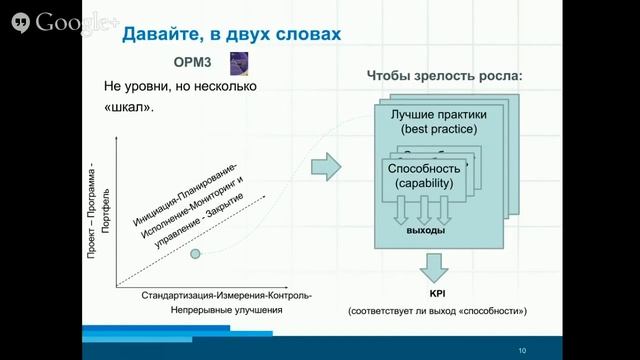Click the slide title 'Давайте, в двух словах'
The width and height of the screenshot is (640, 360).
click(x=231, y=36)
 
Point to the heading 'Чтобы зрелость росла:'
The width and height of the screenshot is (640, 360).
click(x=445, y=78)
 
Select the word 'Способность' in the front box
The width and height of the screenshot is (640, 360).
click(x=424, y=168)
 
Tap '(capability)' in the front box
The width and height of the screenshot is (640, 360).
click(x=424, y=184)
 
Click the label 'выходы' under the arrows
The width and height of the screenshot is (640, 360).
click(x=425, y=230)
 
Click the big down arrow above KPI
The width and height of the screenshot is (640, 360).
click(x=436, y=267)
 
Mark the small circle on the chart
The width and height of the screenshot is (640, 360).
click(x=196, y=254)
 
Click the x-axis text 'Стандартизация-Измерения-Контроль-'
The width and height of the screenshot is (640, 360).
click(x=226, y=295)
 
